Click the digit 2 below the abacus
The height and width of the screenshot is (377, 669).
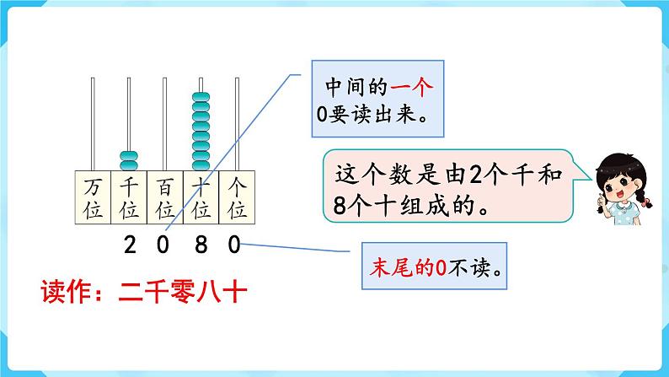(129, 245)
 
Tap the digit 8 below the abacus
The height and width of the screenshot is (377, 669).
(201, 245)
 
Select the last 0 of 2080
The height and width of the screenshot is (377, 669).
(235, 245)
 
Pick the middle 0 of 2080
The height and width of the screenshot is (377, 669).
(164, 245)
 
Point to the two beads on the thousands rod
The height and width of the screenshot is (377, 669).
(129, 159)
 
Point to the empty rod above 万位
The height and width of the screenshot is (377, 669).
(93, 122)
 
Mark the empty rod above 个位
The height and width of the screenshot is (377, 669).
(237, 122)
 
